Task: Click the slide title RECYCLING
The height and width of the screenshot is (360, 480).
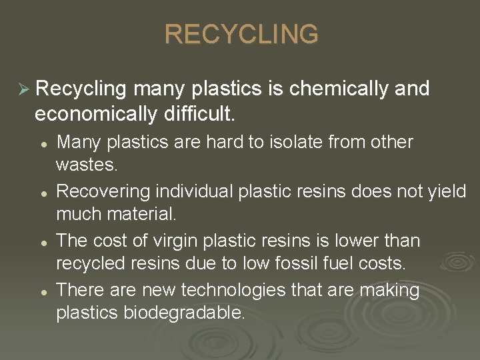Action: (241, 34)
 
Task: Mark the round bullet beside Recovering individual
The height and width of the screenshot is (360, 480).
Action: (42, 193)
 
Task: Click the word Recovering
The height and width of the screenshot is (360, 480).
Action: (103, 192)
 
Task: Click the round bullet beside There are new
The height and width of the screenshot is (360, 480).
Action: (42, 291)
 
